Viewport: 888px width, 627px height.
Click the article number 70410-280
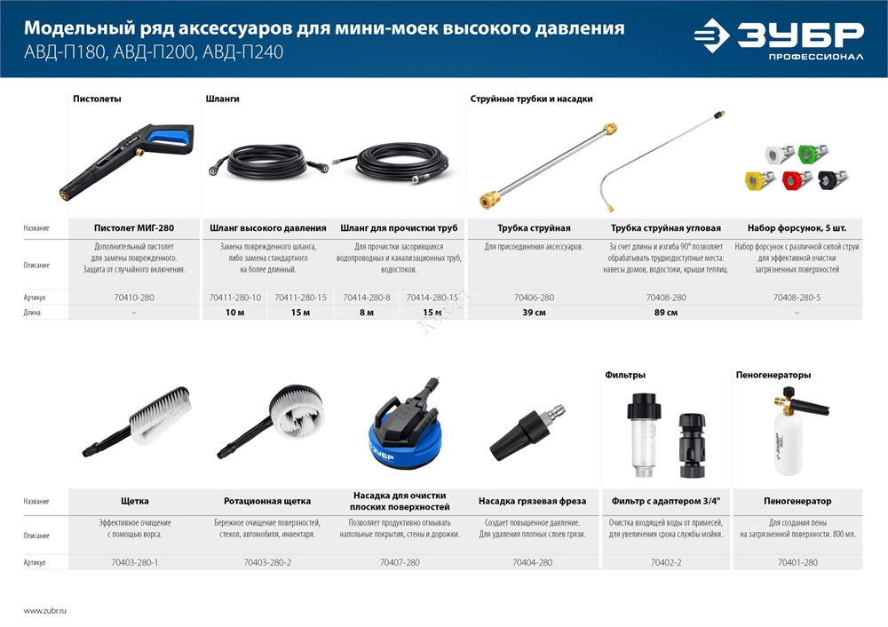pos(135,298)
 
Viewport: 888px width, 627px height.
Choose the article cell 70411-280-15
pos(301,298)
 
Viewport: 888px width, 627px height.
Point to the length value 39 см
pos(533,313)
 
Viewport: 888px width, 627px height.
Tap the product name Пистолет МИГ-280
pos(135,228)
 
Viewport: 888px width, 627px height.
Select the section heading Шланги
pos(222,99)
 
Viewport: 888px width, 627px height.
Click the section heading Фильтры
pos(625,375)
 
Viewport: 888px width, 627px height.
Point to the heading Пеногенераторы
pos(773,375)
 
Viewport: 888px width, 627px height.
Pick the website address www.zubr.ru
pos(45,611)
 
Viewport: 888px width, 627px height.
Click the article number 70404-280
pos(533,562)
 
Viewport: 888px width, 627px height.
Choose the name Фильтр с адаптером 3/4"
pos(665,501)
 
